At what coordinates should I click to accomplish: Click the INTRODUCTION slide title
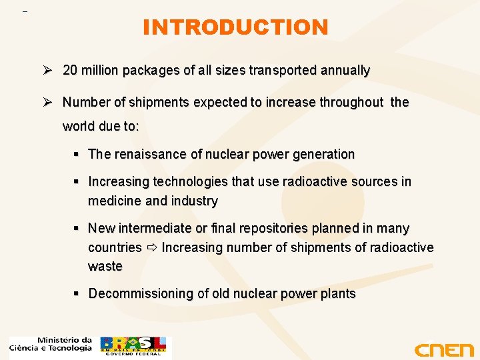(235, 27)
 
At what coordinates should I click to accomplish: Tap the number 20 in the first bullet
(70, 70)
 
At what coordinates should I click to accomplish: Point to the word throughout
(351, 102)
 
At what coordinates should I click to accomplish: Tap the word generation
(322, 154)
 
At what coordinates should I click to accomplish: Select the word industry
(194, 201)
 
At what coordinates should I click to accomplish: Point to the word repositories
(266, 228)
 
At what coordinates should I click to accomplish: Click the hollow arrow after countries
(151, 248)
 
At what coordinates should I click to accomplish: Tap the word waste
(105, 266)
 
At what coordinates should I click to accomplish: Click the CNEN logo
(443, 349)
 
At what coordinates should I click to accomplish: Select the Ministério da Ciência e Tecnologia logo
(51, 344)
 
